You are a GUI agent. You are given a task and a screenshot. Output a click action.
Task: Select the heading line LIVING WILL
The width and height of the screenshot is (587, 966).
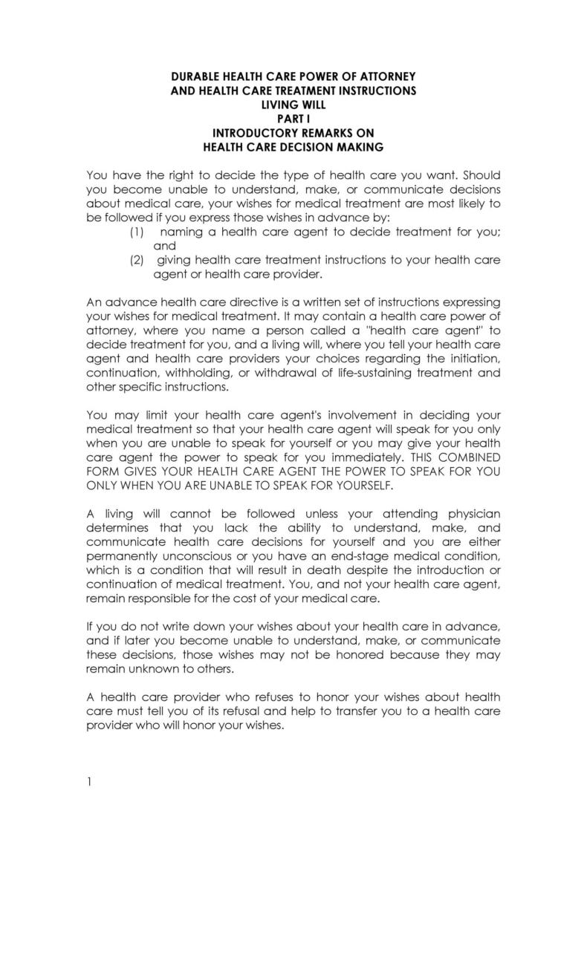tap(293, 105)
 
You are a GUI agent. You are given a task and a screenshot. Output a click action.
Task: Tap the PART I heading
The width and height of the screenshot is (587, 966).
tap(293, 119)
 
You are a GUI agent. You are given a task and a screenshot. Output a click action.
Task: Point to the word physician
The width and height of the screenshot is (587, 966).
tap(473, 513)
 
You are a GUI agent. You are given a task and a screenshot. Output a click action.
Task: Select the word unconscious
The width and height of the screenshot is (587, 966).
tap(183, 555)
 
